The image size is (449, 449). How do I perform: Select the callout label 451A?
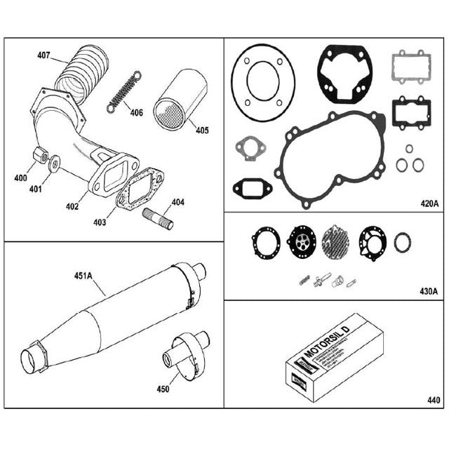click(82, 276)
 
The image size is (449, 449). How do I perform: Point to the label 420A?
click(429, 204)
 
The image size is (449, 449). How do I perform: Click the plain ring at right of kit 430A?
click(402, 243)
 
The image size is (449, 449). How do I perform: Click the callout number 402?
click(72, 206)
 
